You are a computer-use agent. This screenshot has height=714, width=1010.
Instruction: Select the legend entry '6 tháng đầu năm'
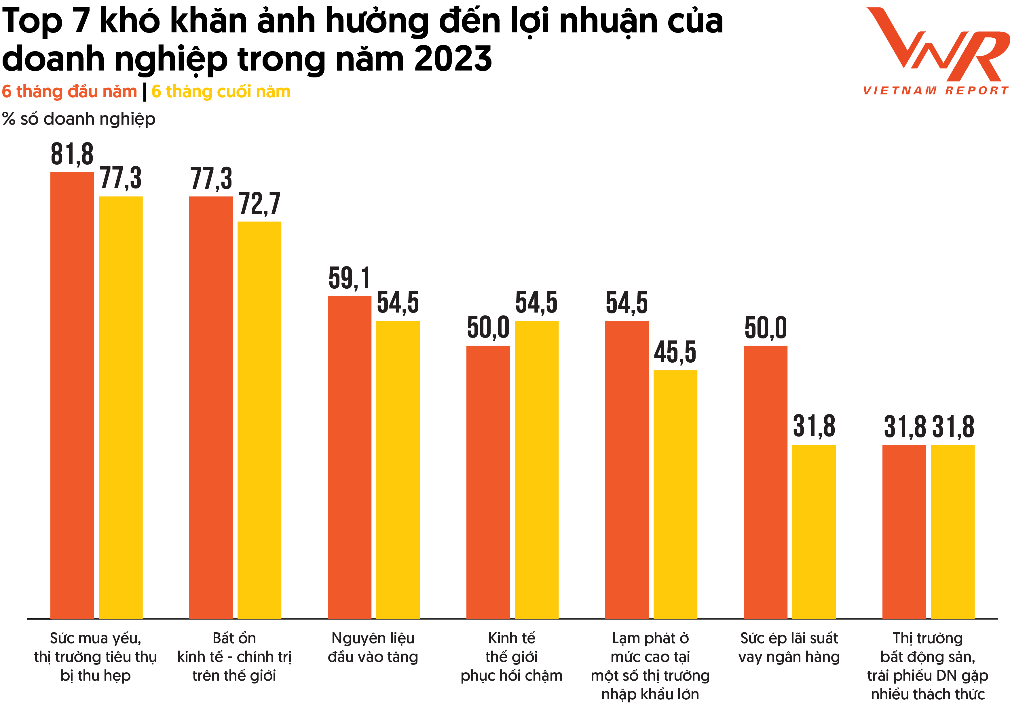69,92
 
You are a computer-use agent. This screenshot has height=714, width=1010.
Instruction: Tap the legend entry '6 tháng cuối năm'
221,92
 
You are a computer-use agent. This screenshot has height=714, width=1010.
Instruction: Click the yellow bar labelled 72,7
259,420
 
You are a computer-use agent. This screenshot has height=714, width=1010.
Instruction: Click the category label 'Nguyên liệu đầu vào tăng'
373,647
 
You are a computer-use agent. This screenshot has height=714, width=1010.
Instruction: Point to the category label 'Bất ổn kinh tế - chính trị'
234,656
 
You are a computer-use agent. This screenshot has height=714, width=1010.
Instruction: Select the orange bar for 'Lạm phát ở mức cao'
627,470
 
